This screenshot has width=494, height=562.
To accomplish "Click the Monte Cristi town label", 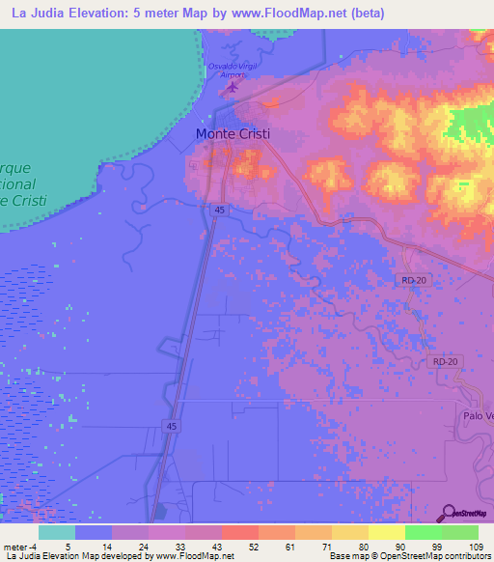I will pos(233,134).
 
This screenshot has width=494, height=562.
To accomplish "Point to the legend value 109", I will pos(473,546).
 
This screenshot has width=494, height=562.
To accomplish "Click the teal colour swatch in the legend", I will pos(57,532).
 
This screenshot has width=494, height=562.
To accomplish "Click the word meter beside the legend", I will pos(14,546).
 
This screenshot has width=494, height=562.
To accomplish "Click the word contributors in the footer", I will pos(467,556).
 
